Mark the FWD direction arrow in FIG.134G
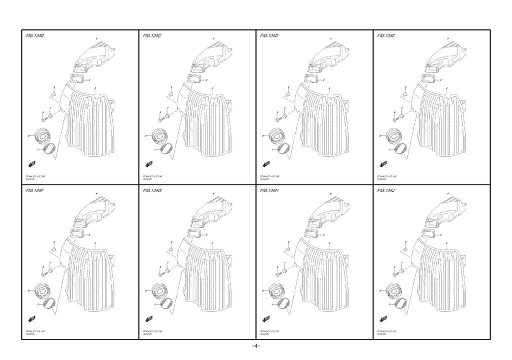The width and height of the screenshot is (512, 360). (149, 318)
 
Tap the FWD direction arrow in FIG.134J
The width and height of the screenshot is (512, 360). (384, 318)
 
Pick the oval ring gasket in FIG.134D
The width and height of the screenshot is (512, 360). (284, 148)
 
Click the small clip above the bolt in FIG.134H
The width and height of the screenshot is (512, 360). (287, 247)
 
